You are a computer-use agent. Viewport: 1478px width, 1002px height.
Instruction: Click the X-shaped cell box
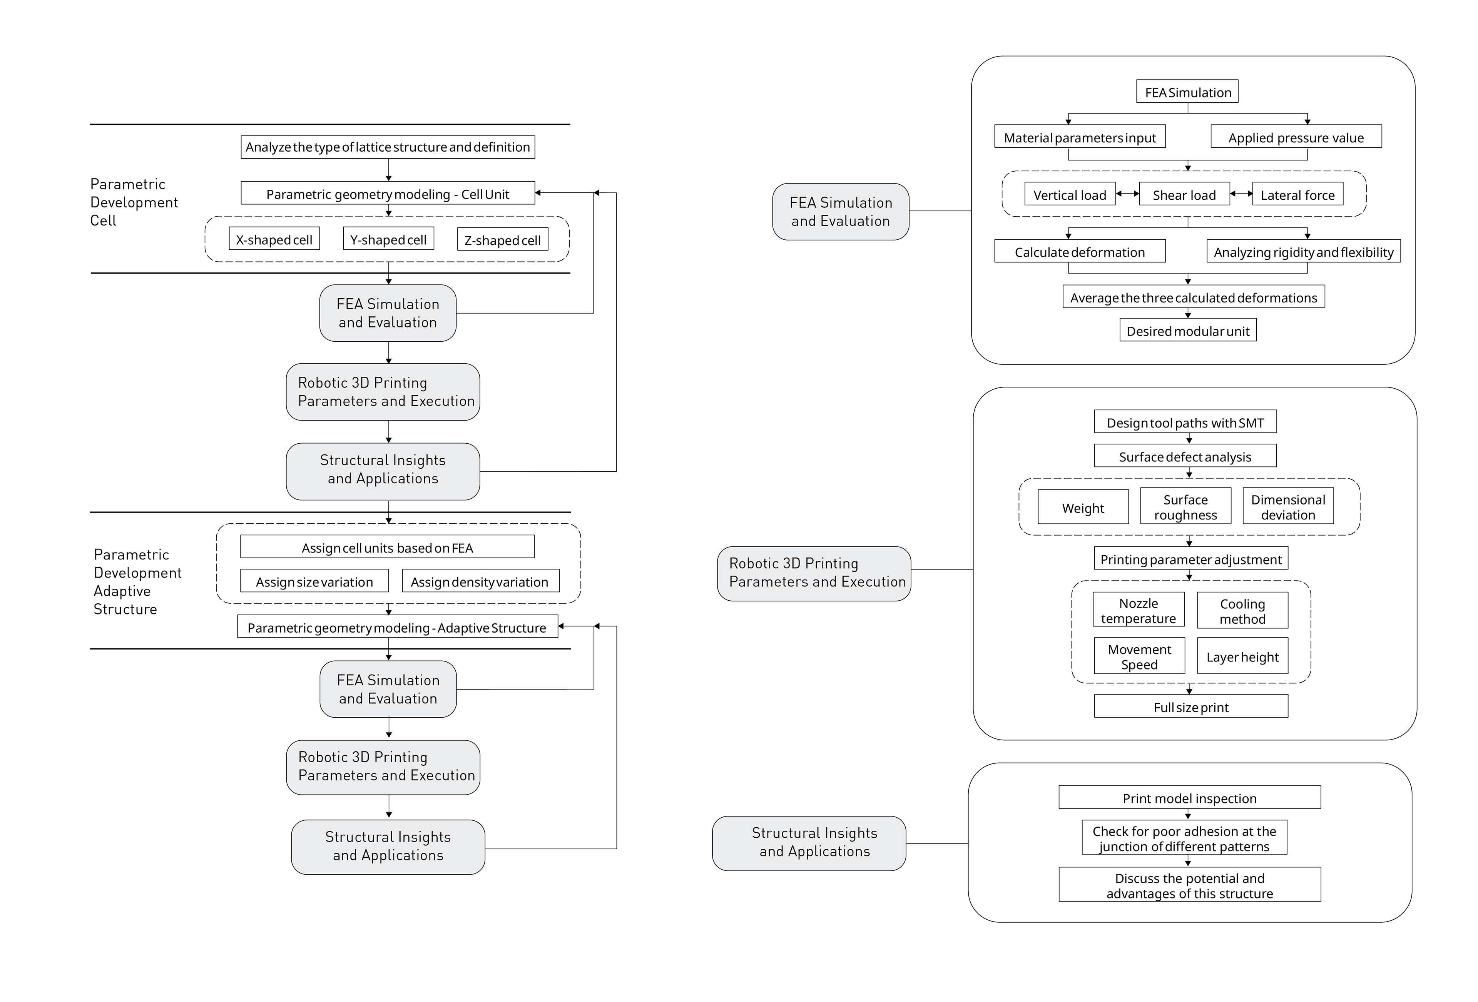click(274, 239)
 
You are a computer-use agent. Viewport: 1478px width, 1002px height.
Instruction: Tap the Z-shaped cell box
click(502, 240)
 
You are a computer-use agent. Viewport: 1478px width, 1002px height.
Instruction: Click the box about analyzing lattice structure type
click(388, 147)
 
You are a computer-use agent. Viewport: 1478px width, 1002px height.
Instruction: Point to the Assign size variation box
click(314, 581)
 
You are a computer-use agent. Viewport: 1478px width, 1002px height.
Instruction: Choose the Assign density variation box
click(481, 581)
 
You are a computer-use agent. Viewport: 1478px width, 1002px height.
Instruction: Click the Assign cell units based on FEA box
click(387, 547)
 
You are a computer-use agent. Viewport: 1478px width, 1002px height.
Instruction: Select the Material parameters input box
click(1080, 137)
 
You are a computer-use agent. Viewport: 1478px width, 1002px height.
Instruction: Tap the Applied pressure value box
click(1296, 137)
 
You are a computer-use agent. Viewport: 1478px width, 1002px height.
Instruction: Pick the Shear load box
click(1184, 194)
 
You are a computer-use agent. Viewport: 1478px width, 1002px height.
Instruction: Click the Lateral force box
click(1298, 194)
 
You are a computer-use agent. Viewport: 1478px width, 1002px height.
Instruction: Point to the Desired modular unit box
click(1188, 330)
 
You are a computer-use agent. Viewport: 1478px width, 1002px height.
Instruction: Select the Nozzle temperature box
click(1139, 610)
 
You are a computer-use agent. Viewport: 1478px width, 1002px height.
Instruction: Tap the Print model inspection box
click(1190, 797)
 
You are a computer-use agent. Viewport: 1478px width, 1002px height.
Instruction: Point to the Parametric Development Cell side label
click(134, 202)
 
